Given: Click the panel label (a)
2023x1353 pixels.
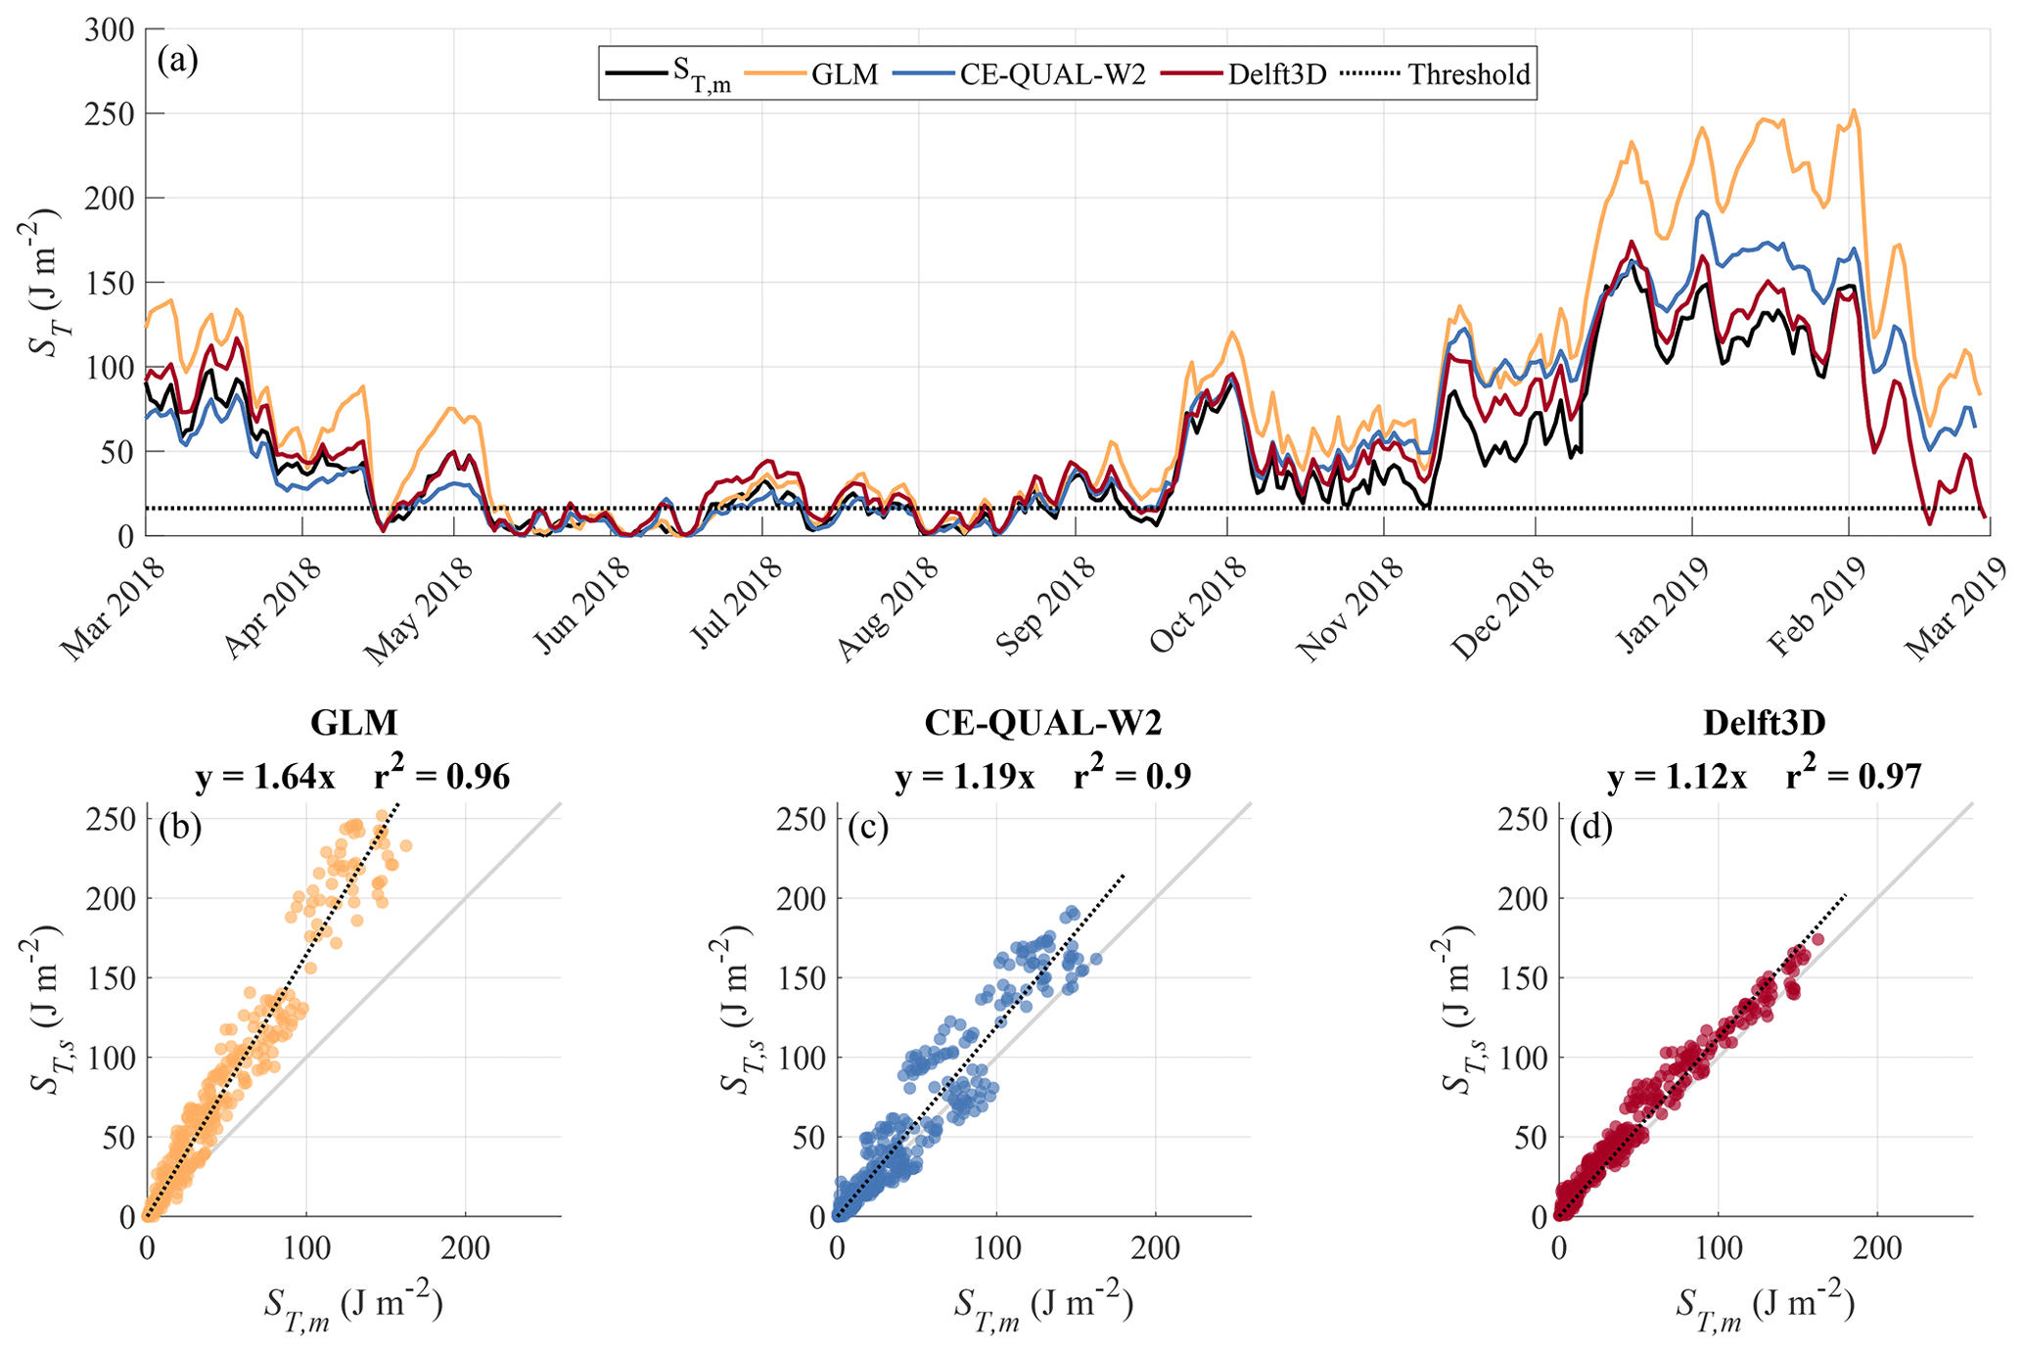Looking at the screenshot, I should click(177, 61).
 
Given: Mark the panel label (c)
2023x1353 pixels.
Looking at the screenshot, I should click(868, 828).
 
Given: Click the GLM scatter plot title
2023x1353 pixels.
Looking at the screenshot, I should click(353, 722).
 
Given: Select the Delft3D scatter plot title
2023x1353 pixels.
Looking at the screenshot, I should click(1765, 722).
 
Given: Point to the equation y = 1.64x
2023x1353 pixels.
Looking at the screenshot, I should click(265, 777).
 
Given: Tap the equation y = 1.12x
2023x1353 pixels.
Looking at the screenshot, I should click(1677, 777).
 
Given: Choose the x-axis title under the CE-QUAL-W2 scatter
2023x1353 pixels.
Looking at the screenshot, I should click(1043, 1305).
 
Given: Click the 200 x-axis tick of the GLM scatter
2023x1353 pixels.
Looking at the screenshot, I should click(464, 1247).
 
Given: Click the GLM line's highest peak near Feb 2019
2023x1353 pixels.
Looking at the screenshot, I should click(1853, 111).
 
